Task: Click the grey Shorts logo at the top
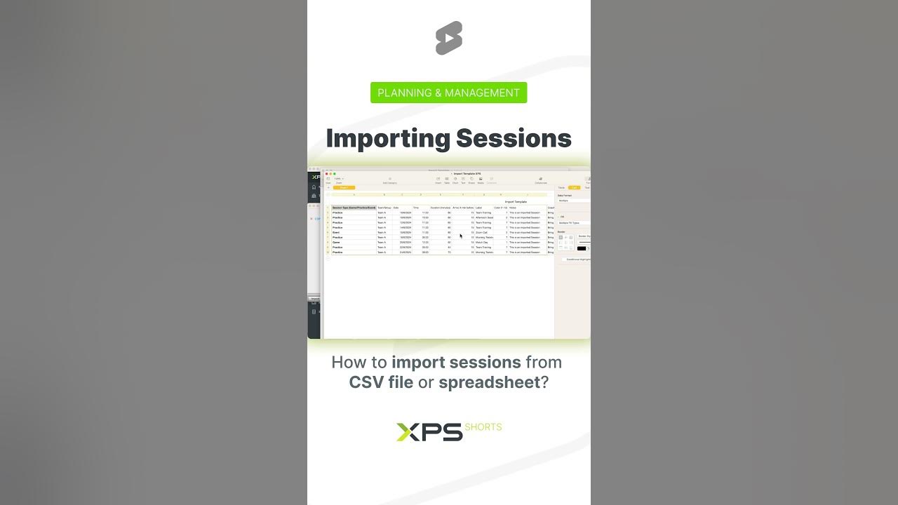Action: click(x=449, y=38)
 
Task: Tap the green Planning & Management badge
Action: click(x=449, y=93)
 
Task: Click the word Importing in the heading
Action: click(x=388, y=138)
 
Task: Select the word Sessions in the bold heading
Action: click(x=514, y=138)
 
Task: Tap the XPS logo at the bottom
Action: click(x=429, y=432)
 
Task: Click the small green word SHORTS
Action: click(x=483, y=427)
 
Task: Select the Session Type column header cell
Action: click(x=354, y=208)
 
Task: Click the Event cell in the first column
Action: click(x=337, y=232)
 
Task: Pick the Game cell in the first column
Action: click(x=337, y=242)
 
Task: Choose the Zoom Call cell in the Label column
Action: click(x=483, y=232)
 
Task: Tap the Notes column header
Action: click(x=514, y=208)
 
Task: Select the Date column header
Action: click(x=396, y=208)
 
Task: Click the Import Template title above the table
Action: click(x=516, y=201)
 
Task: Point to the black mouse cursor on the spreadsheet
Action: click(x=461, y=236)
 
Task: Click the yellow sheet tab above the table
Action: click(x=344, y=187)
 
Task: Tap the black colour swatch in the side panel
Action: click(x=581, y=248)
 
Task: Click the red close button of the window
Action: click(x=327, y=173)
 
